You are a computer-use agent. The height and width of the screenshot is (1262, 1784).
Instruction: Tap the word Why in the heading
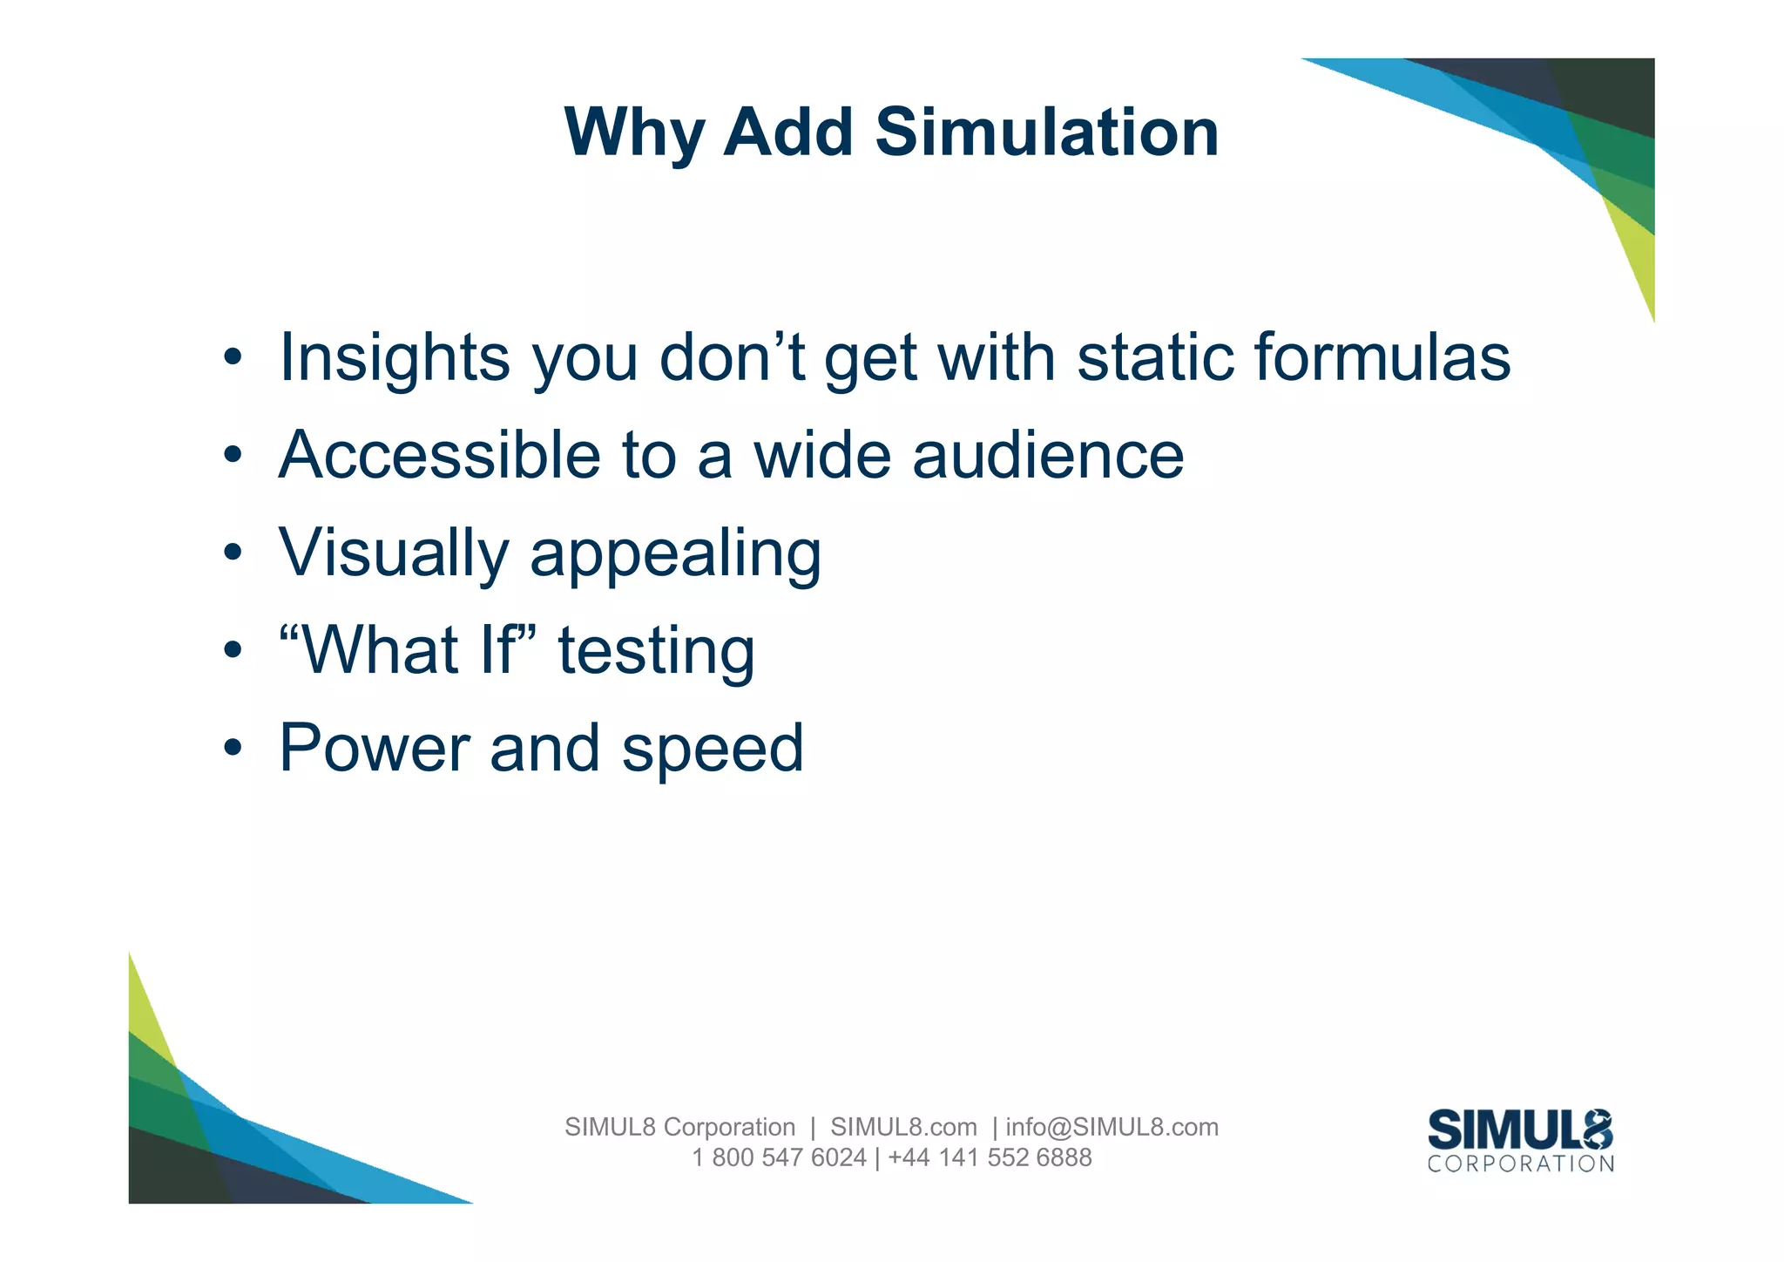point(634,132)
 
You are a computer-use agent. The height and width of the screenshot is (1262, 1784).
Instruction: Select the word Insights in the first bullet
point(394,357)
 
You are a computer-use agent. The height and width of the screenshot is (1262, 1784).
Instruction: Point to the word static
point(1155,357)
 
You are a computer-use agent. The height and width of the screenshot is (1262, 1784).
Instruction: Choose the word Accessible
point(439,455)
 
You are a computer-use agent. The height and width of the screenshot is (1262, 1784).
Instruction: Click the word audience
point(1048,455)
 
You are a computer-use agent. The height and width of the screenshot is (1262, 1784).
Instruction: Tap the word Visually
point(394,553)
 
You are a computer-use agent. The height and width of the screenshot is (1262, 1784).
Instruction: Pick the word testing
point(656,652)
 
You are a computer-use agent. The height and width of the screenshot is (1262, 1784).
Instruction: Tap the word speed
point(712,750)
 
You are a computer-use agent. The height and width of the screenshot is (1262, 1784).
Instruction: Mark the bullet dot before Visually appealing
point(232,553)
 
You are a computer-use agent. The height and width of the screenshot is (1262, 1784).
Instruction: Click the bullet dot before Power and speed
point(232,748)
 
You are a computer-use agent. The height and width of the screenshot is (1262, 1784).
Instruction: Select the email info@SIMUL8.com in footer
point(1112,1127)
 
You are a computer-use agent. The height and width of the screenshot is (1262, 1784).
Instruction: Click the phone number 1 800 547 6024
point(779,1157)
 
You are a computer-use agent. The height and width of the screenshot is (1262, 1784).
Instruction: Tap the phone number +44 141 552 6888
point(990,1157)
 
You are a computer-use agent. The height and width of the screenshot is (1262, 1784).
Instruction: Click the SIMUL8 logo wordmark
point(1520,1130)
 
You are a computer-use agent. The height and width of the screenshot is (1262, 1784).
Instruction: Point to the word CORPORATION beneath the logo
point(1520,1164)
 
